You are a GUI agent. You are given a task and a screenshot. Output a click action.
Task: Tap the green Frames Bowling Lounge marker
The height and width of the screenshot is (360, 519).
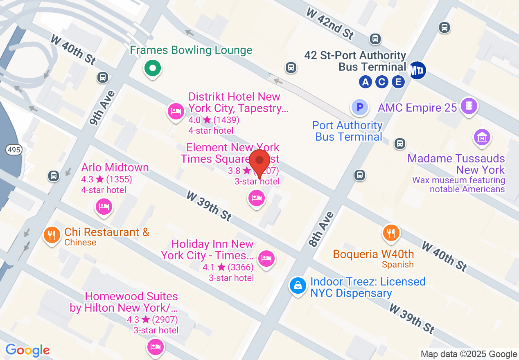[153, 68]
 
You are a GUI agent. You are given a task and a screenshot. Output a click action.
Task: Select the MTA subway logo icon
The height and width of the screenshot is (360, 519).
[417, 70]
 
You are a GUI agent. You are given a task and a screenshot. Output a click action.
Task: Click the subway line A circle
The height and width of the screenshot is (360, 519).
[365, 82]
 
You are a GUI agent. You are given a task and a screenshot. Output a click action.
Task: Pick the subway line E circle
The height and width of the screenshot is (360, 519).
[398, 82]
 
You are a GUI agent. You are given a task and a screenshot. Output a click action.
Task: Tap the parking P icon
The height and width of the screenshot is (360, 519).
[360, 108]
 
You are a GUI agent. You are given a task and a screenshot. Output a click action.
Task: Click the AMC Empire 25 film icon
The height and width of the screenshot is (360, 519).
[469, 106]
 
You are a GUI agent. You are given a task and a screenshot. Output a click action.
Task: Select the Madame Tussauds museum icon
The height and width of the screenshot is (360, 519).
[482, 137]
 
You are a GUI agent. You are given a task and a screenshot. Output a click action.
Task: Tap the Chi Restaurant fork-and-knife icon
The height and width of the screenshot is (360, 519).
[52, 235]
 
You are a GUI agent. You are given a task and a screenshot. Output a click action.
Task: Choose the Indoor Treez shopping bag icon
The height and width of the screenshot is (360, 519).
[298, 286]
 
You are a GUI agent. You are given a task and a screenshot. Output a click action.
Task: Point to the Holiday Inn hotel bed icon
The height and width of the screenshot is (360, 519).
[266, 259]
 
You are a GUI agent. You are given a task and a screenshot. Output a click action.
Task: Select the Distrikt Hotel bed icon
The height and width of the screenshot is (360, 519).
[176, 111]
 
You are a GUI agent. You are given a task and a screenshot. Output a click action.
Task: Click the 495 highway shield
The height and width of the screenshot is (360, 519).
[14, 150]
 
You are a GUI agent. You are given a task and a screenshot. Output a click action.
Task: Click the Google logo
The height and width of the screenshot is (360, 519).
[27, 350]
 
